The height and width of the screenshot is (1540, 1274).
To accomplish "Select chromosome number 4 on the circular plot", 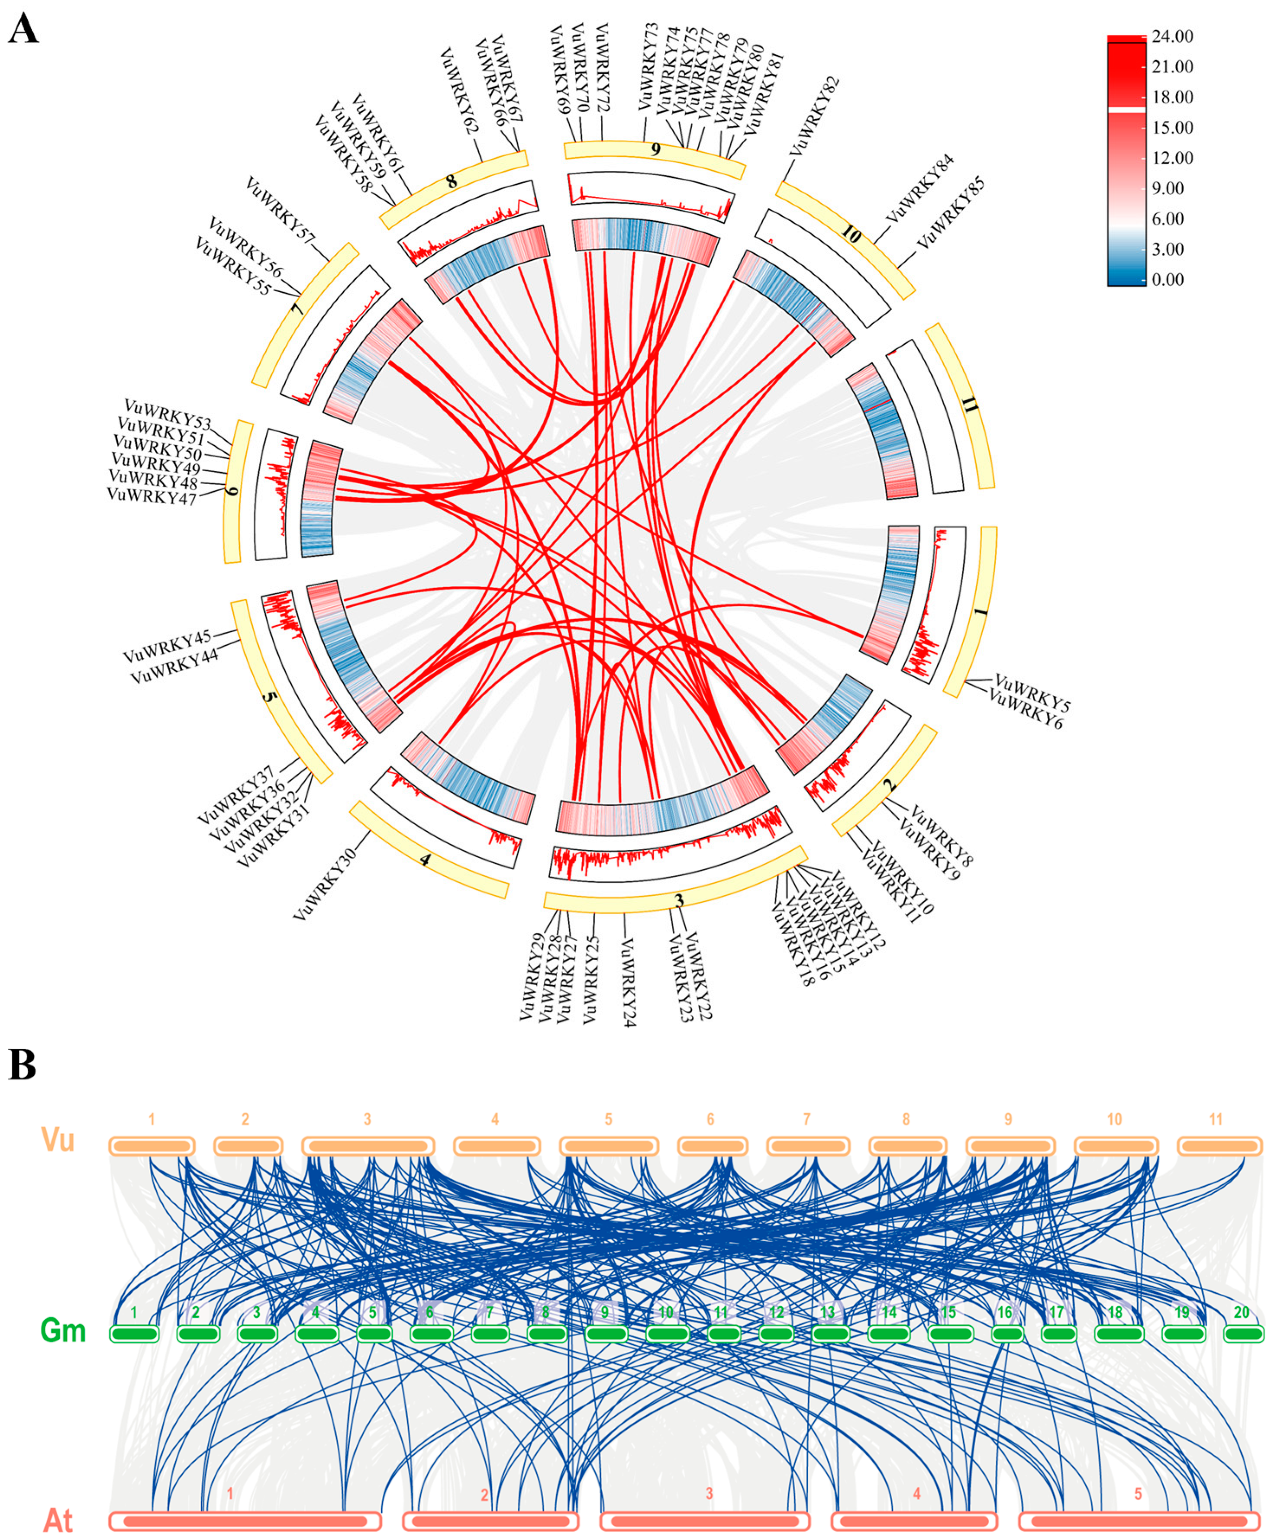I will tap(426, 859).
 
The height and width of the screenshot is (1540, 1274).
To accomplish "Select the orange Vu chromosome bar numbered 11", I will tap(1219, 1145).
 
